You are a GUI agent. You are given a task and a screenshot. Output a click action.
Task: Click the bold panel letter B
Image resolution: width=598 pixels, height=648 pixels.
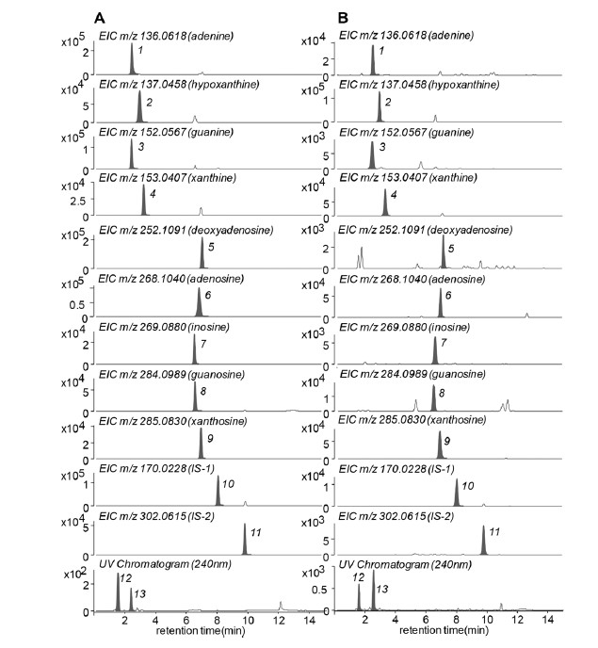click(343, 17)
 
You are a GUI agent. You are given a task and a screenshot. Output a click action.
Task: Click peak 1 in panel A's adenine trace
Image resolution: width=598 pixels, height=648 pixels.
click(132, 63)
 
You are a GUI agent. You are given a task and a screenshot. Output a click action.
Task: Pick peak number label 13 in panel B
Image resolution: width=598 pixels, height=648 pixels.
click(382, 588)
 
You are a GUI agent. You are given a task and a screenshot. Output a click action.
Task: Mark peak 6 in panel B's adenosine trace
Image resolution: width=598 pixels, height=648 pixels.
click(440, 304)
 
